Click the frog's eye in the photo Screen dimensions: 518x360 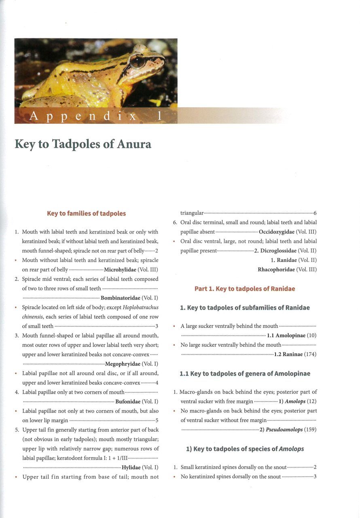(138, 61)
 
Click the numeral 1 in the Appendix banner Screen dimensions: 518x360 (160, 116)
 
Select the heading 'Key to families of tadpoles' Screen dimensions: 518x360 (86, 213)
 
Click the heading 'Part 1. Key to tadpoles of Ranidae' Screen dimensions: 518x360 (245, 289)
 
